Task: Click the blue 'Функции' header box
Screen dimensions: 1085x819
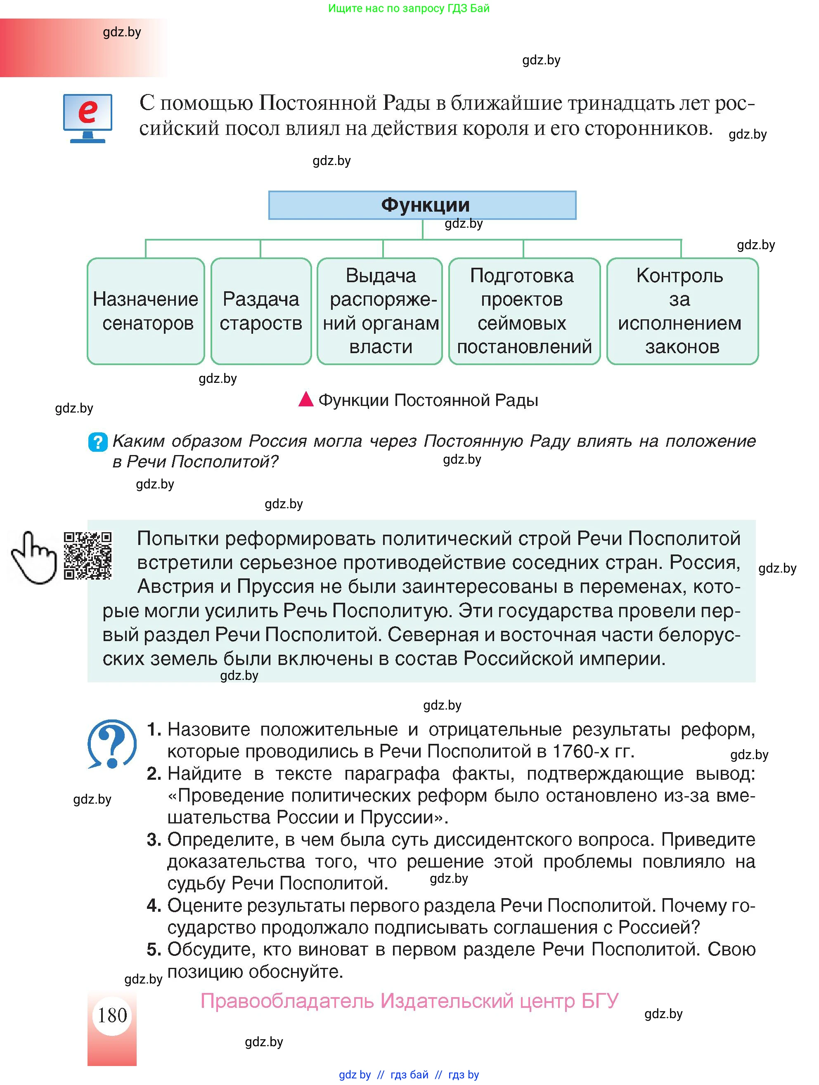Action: click(422, 205)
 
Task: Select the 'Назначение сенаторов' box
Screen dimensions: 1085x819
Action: click(146, 311)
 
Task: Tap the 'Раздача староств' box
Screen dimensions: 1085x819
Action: click(261, 311)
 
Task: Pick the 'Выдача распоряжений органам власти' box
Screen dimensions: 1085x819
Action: click(380, 311)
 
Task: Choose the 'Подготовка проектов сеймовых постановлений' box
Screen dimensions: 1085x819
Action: click(524, 311)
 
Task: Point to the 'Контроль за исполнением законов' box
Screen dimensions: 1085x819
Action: click(682, 311)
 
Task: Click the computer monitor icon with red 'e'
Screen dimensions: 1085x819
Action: click(88, 118)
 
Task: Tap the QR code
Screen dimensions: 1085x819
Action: click(88, 556)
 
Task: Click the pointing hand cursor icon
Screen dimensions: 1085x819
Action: click(33, 558)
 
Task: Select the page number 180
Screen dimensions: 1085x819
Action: click(112, 1015)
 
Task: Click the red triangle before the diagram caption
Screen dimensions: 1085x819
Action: click(306, 400)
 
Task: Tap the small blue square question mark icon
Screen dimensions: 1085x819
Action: click(98, 442)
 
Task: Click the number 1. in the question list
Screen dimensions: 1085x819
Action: click(154, 729)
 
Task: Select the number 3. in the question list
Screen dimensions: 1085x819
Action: click(154, 840)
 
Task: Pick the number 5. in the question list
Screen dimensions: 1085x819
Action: click(154, 950)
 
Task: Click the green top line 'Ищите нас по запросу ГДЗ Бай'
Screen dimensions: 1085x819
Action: click(409, 8)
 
